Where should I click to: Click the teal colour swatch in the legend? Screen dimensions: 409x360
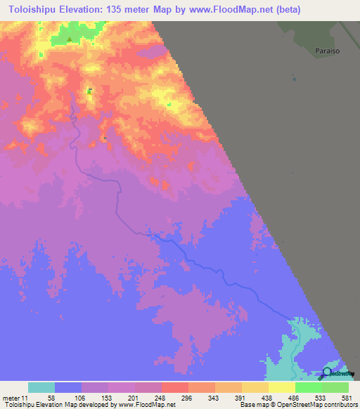click(41, 387)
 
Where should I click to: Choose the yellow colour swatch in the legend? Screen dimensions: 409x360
click(281, 387)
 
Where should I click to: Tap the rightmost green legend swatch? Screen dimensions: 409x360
click(335, 387)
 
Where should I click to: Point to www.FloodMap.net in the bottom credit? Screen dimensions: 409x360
click(147, 405)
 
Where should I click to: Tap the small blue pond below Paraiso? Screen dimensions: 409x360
click(295, 78)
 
